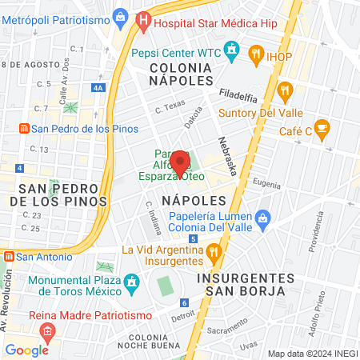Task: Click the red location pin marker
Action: pos(181,161)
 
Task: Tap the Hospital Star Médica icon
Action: pos(144,21)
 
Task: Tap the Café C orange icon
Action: pos(322,127)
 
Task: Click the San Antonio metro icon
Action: pos(8,257)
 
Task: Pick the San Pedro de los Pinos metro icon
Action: pos(24,128)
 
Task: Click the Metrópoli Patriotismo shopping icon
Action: pos(120,16)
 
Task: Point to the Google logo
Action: pos(26,350)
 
